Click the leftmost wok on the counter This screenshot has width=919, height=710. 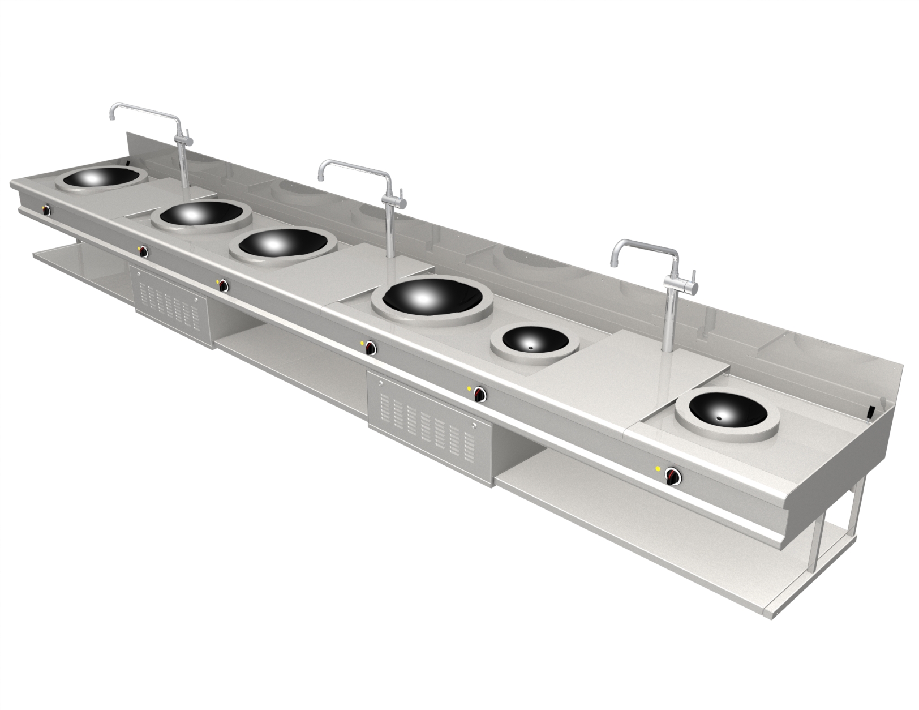click(100, 179)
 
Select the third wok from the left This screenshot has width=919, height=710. click(282, 246)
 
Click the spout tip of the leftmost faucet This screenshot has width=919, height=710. click(111, 117)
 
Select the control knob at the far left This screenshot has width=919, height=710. click(46, 211)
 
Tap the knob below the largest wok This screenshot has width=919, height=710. click(370, 347)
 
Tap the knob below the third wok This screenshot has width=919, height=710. click(224, 284)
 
